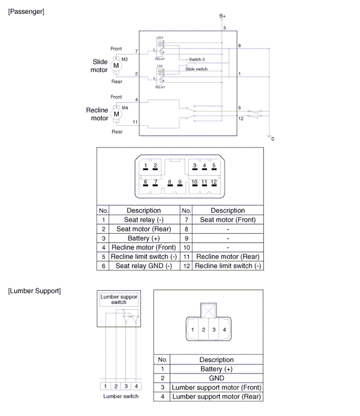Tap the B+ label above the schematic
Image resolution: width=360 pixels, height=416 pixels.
(x=222, y=15)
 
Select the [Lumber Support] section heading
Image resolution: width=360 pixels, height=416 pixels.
(x=34, y=291)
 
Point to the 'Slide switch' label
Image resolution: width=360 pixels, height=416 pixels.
(x=196, y=69)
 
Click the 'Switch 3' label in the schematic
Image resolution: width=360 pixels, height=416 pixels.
(x=196, y=59)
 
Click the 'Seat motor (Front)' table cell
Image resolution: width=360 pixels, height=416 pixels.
(x=227, y=220)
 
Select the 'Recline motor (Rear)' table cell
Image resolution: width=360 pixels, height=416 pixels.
(x=227, y=256)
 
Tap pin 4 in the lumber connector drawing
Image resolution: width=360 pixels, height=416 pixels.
(x=224, y=330)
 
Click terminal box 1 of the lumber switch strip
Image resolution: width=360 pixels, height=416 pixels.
(x=105, y=386)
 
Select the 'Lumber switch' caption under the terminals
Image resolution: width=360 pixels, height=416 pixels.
(x=121, y=396)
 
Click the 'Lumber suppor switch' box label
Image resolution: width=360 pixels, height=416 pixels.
(x=118, y=299)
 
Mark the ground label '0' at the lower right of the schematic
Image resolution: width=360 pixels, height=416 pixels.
(x=273, y=139)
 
